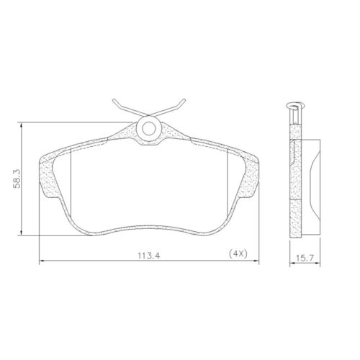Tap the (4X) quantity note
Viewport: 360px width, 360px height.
coord(238,253)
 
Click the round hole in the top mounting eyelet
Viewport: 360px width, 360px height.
coord(150,130)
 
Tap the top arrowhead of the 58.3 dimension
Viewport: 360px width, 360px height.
coord(27,123)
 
